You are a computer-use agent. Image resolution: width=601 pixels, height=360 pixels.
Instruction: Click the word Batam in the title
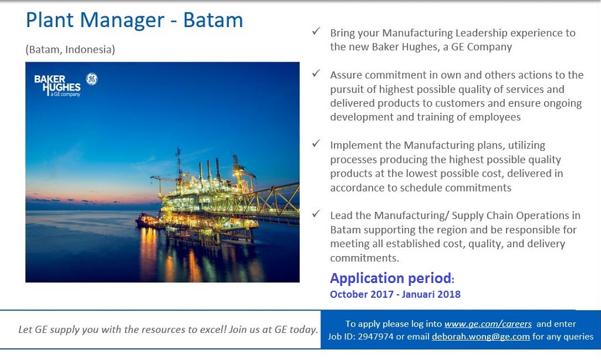(x=213, y=20)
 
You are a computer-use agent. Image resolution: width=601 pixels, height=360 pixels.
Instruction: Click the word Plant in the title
(x=49, y=20)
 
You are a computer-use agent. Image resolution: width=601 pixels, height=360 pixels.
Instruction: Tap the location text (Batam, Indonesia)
(x=70, y=49)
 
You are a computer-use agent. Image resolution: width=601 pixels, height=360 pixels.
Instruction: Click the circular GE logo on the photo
(x=92, y=79)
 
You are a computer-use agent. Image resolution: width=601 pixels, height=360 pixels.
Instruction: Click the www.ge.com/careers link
(x=488, y=324)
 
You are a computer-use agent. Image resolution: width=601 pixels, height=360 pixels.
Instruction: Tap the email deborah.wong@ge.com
(x=481, y=337)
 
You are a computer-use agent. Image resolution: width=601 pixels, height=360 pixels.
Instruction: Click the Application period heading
(x=391, y=278)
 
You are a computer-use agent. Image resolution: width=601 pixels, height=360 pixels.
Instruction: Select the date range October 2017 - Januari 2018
(x=395, y=294)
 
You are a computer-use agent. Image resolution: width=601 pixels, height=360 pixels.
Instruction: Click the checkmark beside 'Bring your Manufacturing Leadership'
(x=316, y=32)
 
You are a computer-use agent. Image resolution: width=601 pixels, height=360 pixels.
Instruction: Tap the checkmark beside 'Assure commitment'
(x=316, y=73)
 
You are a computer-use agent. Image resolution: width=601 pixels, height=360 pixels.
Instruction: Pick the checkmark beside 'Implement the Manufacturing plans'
(x=316, y=143)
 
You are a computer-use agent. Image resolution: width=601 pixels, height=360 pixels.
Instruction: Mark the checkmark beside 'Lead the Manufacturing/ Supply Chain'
(x=316, y=214)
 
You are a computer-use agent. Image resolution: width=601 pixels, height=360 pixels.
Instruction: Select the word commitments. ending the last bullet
(x=364, y=258)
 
